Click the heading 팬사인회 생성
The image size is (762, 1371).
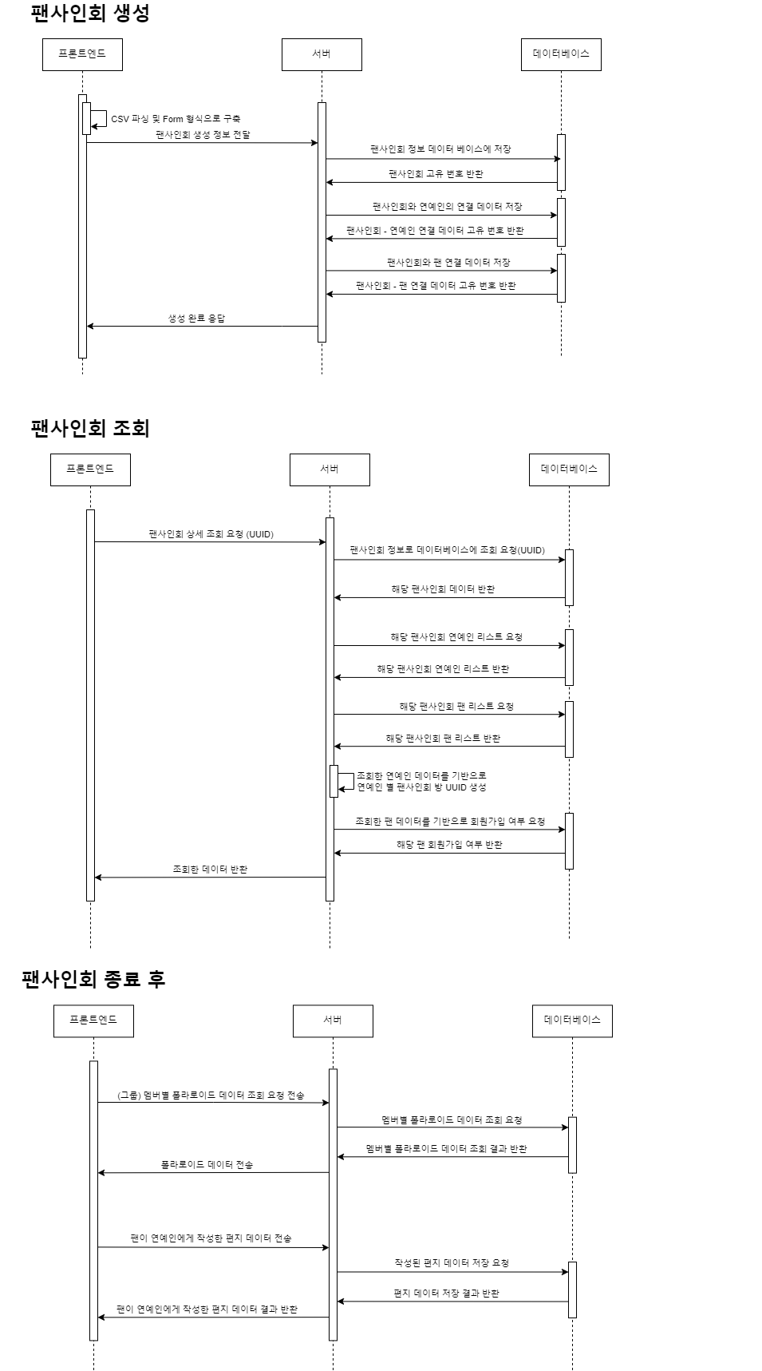click(90, 14)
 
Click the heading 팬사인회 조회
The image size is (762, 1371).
click(90, 428)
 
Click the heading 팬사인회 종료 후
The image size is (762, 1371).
click(93, 979)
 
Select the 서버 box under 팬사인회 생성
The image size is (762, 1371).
click(322, 54)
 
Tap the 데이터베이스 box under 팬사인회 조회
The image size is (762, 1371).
click(569, 469)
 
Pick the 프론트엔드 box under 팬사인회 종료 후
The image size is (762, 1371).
click(93, 1020)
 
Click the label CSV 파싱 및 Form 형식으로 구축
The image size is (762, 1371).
click(176, 119)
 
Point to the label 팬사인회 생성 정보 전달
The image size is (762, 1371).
click(203, 135)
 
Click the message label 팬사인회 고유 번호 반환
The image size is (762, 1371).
click(436, 173)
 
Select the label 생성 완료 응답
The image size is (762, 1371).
click(196, 318)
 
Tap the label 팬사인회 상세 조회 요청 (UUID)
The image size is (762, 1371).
click(211, 534)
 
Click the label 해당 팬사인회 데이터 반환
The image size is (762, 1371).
click(443, 589)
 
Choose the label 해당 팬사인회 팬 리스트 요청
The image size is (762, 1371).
click(456, 707)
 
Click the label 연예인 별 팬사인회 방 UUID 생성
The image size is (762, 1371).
click(421, 787)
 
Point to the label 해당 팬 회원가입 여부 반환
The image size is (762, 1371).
click(449, 845)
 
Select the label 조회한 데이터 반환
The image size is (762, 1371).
click(210, 869)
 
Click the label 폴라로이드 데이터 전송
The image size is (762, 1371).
click(207, 1165)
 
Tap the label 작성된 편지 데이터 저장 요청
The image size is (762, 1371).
click(452, 1263)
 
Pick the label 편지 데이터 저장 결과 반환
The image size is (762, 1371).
click(446, 1293)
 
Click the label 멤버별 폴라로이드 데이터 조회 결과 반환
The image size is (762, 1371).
click(446, 1148)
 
